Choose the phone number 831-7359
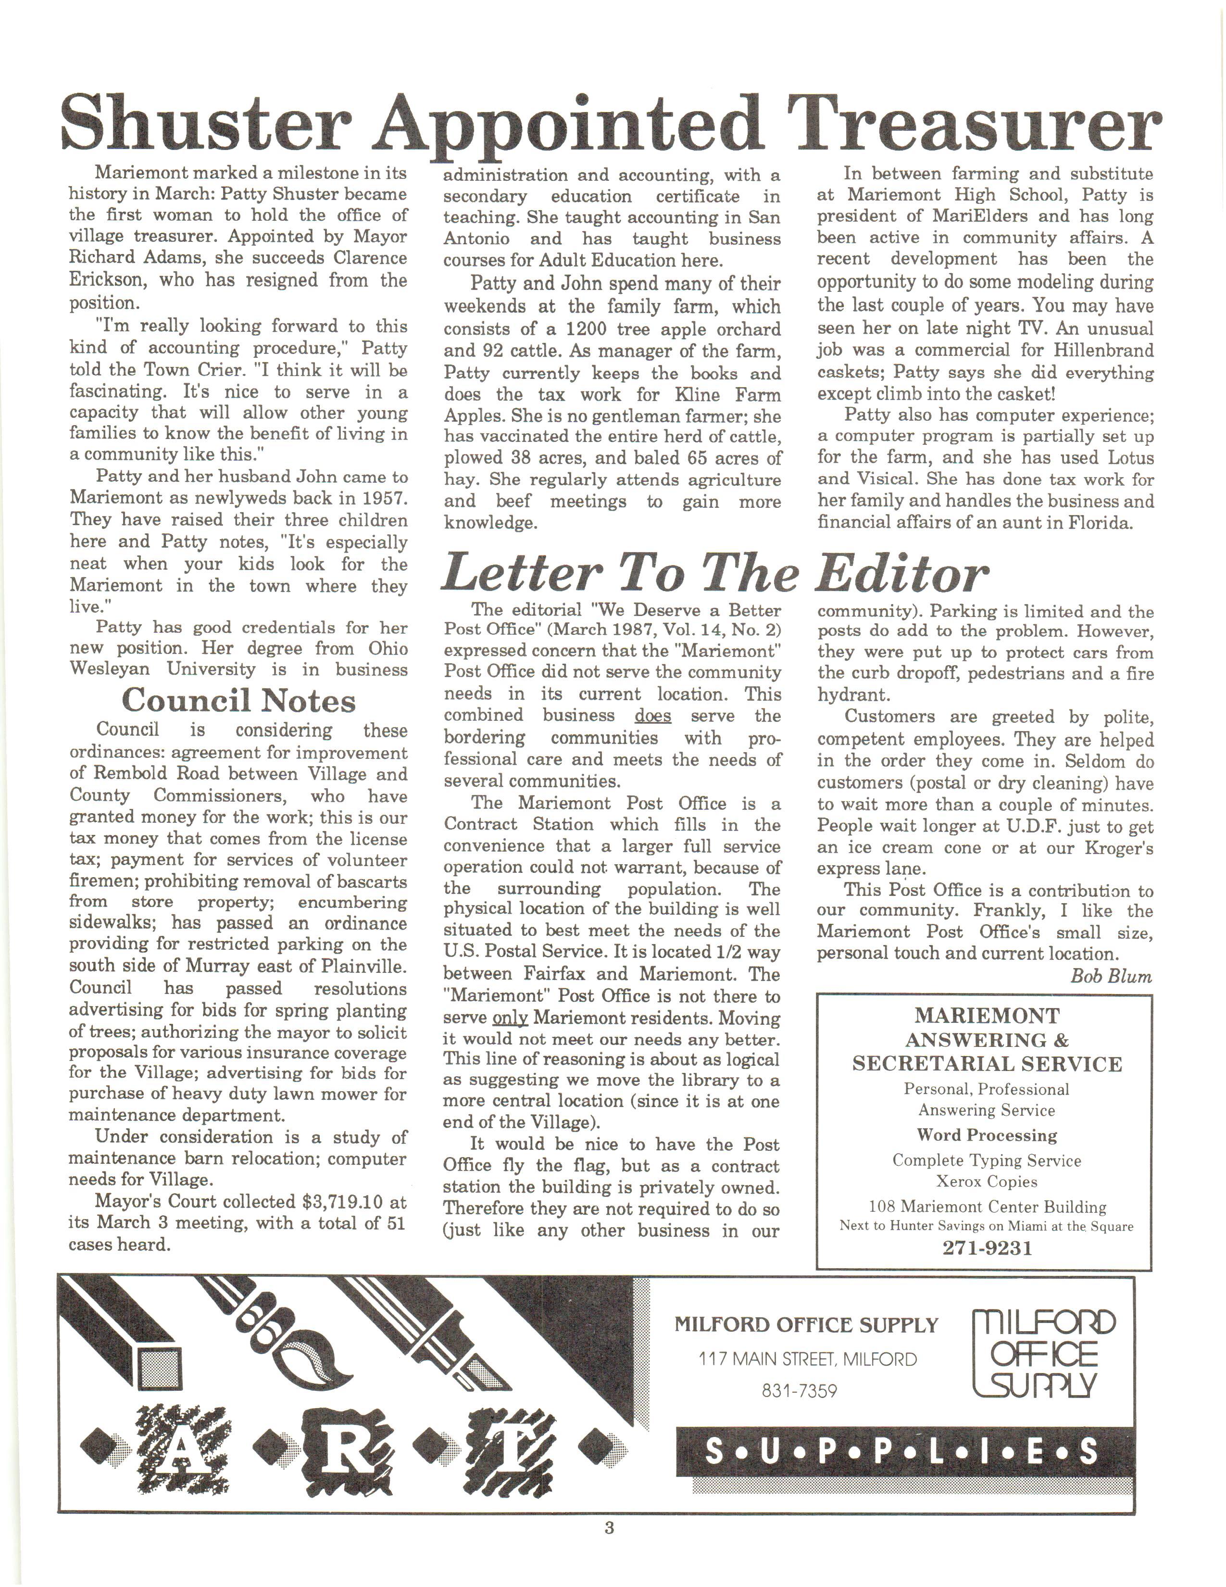click(799, 1391)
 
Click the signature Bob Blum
click(1111, 976)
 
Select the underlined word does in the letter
click(652, 716)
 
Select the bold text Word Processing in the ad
click(986, 1135)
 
